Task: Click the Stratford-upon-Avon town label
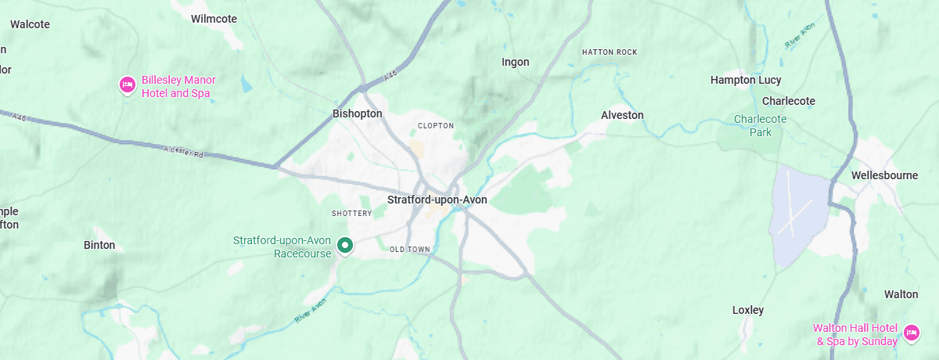[x=437, y=200]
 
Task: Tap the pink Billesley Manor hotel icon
[x=127, y=85]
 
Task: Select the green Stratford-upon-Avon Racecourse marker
[x=344, y=247]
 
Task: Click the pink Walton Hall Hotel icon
[x=911, y=333]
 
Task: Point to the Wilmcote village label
[x=214, y=18]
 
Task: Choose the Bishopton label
[x=357, y=113]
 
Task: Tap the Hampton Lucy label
[x=745, y=80]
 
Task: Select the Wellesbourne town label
[x=884, y=175]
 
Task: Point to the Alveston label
[x=622, y=115]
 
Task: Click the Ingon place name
[x=515, y=62]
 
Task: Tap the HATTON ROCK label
[x=610, y=52]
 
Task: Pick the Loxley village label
[x=747, y=310]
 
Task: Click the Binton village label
[x=99, y=245]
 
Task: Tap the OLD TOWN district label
[x=410, y=250]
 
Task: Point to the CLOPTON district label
[x=436, y=125]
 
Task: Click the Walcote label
[x=30, y=24]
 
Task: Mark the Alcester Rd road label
[x=183, y=151]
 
